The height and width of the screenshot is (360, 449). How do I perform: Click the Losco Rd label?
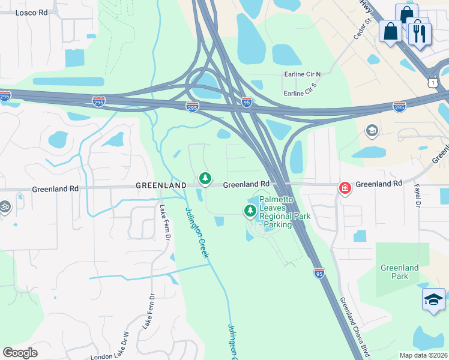pos(31,12)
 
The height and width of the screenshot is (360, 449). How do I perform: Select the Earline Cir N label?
pos(302,74)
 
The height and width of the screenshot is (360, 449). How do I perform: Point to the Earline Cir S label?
pos(300,93)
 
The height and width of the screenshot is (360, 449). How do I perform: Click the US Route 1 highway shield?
pos(433,81)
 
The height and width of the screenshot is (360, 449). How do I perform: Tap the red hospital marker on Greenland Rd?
pos(345,188)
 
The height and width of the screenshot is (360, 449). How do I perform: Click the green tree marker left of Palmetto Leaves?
pos(250,211)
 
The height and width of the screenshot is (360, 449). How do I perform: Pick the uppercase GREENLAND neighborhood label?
pos(160,186)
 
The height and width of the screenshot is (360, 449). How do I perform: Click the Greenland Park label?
pos(399,272)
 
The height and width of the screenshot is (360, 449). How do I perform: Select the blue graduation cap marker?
pos(433,300)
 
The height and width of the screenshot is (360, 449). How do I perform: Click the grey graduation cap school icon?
pos(372,130)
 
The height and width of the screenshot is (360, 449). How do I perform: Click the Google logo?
pos(20,353)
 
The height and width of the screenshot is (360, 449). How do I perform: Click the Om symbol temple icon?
pos(5,206)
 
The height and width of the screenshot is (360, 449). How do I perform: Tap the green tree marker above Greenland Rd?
pos(205,178)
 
